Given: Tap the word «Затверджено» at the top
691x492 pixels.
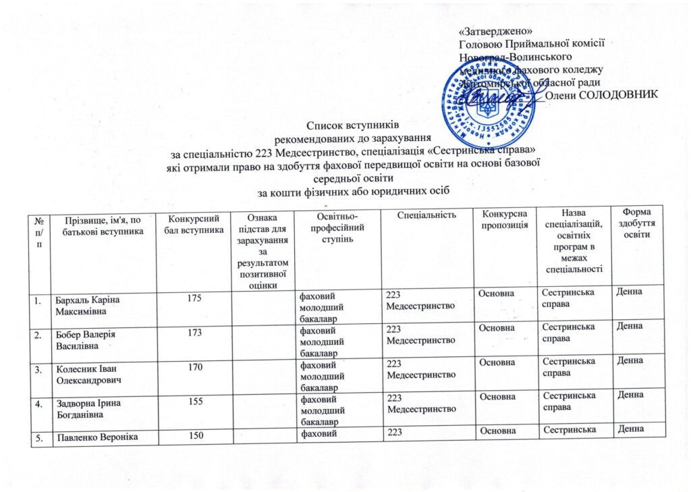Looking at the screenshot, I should click(x=495, y=32).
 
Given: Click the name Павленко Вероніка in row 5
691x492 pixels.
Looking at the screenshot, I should click(x=97, y=431).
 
